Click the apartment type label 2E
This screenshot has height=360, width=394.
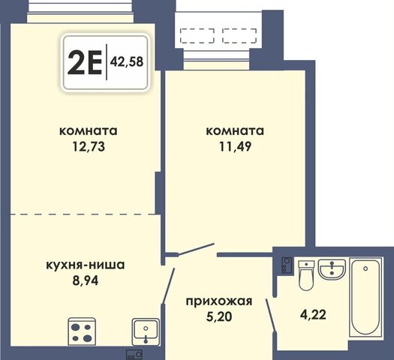[x=84, y=62]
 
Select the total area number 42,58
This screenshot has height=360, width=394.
[x=127, y=61]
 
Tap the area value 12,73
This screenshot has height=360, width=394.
[x=89, y=146]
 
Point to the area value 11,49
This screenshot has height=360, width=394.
[x=235, y=146]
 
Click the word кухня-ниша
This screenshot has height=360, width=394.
[x=86, y=265]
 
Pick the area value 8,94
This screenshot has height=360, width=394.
[x=86, y=280]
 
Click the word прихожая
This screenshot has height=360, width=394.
[x=219, y=301]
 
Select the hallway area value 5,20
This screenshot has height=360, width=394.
[x=219, y=316]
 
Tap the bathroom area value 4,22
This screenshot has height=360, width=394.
[x=313, y=314]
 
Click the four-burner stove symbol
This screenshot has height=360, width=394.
[x=82, y=331]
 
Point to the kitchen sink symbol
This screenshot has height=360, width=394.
[x=146, y=331]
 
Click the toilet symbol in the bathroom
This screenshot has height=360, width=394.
[x=306, y=275]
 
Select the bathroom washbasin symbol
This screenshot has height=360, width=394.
[x=332, y=269]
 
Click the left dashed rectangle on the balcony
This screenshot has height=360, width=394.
[x=197, y=36]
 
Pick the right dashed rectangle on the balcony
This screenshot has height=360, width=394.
[x=239, y=36]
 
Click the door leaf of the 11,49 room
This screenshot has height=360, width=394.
[x=196, y=250]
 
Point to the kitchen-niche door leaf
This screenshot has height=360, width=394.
[x=168, y=286]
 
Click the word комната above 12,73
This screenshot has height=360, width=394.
[x=89, y=131]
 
